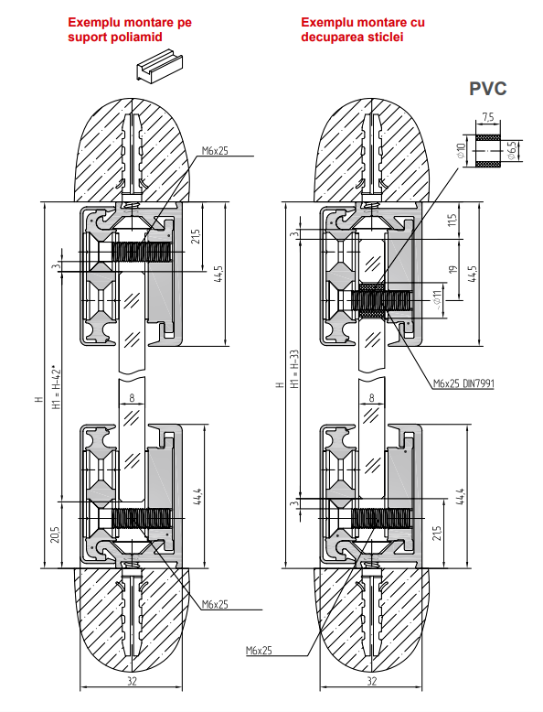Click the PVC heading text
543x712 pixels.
click(487, 89)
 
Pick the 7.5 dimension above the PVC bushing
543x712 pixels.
click(487, 118)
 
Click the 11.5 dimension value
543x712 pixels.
click(452, 221)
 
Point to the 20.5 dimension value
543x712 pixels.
click(57, 534)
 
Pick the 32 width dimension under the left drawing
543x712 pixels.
click(131, 681)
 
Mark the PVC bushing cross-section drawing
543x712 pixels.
click(487, 149)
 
